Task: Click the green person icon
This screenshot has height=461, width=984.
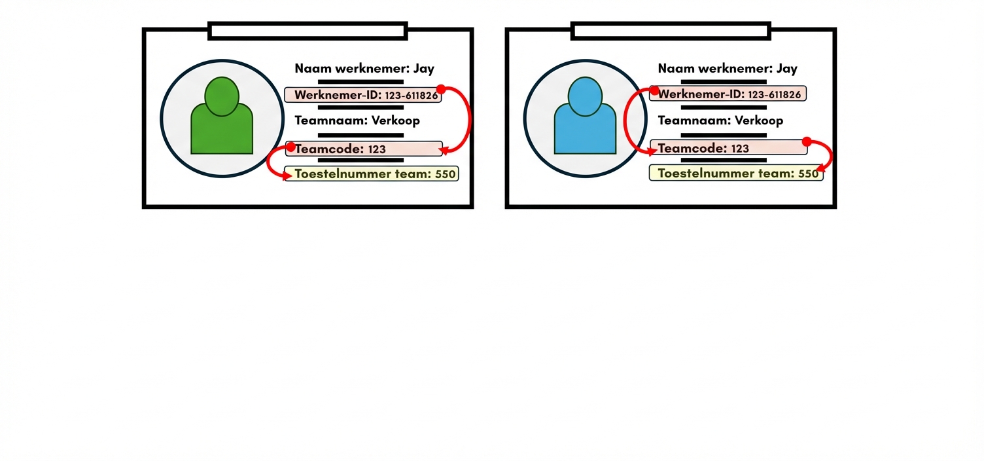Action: [x=222, y=118]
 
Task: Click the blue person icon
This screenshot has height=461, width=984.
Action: [x=585, y=118]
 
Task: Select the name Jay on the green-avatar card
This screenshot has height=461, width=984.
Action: [x=424, y=68]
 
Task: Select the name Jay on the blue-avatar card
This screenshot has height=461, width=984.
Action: [x=787, y=68]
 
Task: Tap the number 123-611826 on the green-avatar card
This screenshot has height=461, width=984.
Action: [x=411, y=96]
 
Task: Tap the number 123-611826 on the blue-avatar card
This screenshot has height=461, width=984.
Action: [x=774, y=95]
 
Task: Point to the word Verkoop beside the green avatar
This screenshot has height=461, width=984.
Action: [x=396, y=120]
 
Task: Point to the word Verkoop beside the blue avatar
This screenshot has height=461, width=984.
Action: [x=759, y=120]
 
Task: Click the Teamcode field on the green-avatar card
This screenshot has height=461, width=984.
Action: [x=364, y=149]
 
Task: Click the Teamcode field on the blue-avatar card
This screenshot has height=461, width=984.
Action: [x=728, y=148]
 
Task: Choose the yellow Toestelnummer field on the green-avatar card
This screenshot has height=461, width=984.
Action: [x=372, y=174]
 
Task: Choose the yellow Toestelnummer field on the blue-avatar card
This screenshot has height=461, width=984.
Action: [x=735, y=174]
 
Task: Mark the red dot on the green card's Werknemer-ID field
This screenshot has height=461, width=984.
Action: [x=441, y=89]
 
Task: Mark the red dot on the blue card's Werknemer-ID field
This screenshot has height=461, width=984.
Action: [x=654, y=90]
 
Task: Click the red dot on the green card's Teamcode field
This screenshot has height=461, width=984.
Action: [x=291, y=147]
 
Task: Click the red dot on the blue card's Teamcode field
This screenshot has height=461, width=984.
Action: [x=807, y=141]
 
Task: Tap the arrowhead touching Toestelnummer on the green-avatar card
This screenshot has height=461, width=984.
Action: [x=287, y=176]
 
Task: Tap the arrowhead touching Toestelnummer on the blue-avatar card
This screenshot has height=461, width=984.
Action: [x=820, y=170]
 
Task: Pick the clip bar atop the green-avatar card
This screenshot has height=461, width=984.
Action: [x=307, y=31]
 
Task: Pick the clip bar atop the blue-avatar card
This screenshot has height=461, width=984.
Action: [x=671, y=31]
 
